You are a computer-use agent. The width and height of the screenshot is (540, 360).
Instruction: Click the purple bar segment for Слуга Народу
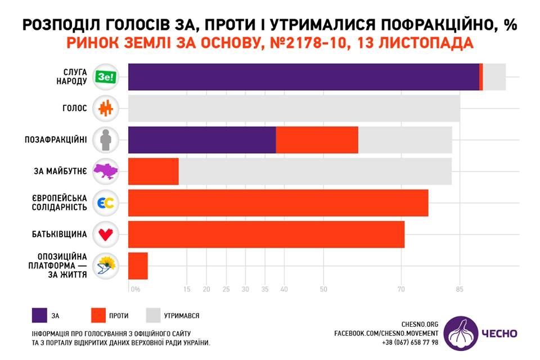coord(304,77)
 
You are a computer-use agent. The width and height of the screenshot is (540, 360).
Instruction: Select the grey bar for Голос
coord(294,109)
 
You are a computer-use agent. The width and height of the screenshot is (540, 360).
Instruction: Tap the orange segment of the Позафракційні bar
coord(317,140)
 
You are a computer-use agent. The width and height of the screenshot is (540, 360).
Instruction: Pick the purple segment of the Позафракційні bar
coord(202,140)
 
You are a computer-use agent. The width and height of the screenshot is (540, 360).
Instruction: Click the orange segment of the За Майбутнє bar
coord(154,172)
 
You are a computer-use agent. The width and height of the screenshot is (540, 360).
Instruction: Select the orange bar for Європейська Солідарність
coord(278,203)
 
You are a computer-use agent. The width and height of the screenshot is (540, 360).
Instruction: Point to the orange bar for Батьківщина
coord(267,235)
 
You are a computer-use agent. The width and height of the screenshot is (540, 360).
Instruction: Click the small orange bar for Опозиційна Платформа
coord(138,266)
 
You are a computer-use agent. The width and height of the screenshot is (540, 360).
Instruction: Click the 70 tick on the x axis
coord(401,290)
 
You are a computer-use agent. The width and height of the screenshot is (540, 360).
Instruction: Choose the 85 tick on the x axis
coord(460,290)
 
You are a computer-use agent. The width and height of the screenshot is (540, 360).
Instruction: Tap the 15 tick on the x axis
coord(187,290)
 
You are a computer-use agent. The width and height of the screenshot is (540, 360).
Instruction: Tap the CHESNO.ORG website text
coord(420,325)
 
